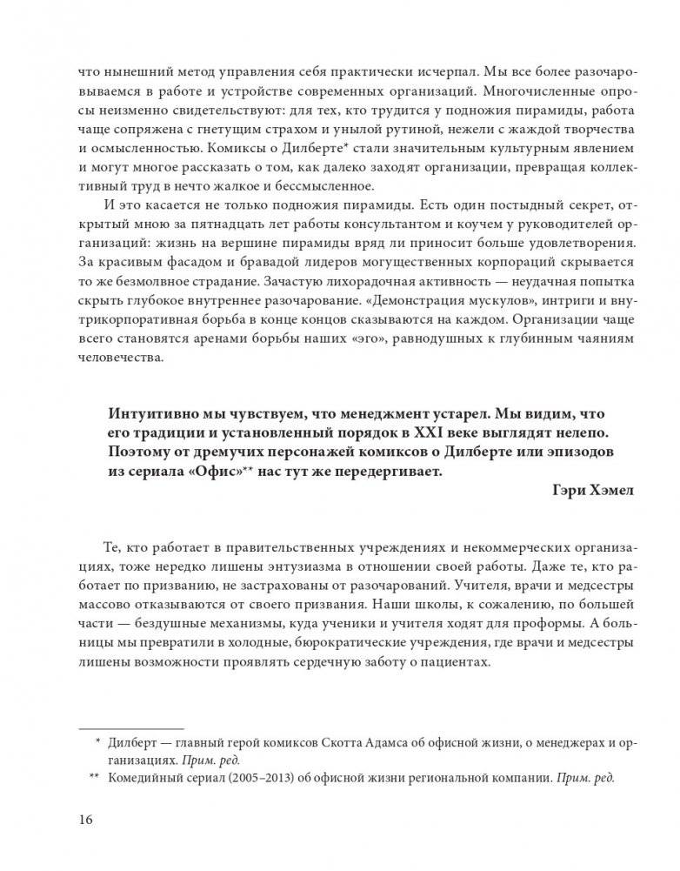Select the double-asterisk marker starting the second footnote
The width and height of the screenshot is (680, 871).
point(95,779)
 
